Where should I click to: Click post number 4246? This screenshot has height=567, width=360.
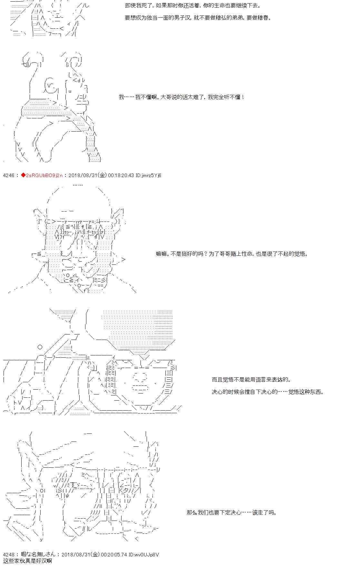click(x=8, y=175)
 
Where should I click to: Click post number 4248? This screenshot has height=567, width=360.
click(x=8, y=555)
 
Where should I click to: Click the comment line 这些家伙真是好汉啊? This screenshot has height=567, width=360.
click(x=27, y=561)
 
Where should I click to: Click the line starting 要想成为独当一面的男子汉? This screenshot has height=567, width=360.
click(x=198, y=18)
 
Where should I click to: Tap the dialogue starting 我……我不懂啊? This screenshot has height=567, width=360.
click(x=182, y=97)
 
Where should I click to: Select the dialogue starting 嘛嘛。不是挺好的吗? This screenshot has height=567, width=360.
click(x=232, y=254)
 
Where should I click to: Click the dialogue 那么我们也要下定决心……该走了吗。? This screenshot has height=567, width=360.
click(x=232, y=512)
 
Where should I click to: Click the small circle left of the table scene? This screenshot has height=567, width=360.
click(x=40, y=347)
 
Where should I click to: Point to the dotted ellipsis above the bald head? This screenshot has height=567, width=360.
click(x=78, y=185)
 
